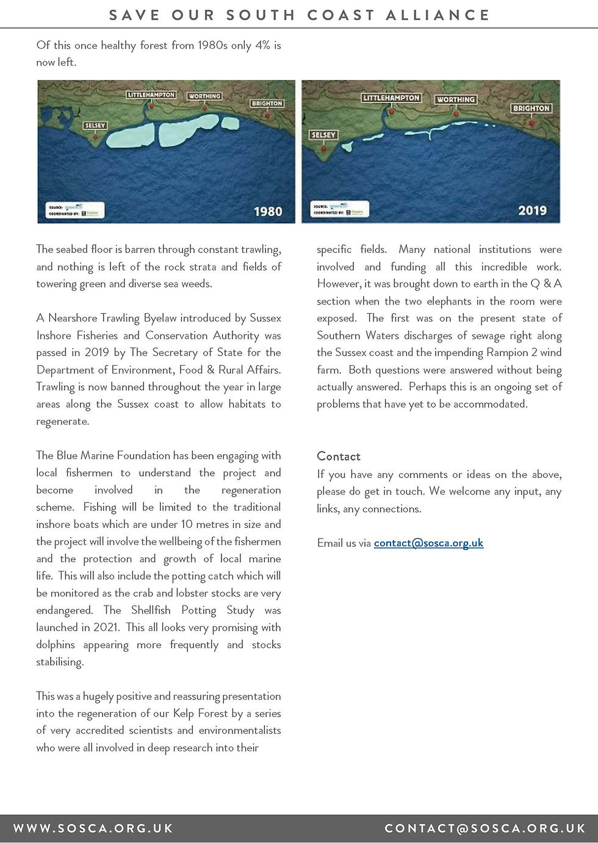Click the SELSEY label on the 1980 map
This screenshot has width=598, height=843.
tap(95, 126)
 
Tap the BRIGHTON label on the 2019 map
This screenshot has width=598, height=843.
tap(531, 109)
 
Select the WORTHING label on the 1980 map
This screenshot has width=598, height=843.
tap(204, 96)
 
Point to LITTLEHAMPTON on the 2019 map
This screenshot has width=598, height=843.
tap(391, 98)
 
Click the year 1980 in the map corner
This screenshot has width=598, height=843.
tap(268, 211)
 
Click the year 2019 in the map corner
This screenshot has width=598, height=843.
tap(532, 211)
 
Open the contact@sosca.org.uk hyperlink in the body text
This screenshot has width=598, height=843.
tap(428, 543)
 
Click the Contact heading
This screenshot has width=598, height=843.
tap(339, 457)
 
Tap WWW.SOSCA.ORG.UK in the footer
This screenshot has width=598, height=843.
tap(93, 828)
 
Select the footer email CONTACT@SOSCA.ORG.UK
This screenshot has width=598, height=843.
tap(485, 828)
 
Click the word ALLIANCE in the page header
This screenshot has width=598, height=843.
tap(438, 15)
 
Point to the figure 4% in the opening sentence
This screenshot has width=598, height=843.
tap(263, 45)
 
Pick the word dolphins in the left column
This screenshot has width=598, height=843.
tap(56, 645)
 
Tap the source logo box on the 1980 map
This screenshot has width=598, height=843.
tap(75, 210)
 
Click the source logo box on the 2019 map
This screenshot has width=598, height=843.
tap(339, 209)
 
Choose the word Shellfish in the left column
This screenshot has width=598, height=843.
tap(151, 610)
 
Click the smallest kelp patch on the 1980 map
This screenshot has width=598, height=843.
tap(230, 123)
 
